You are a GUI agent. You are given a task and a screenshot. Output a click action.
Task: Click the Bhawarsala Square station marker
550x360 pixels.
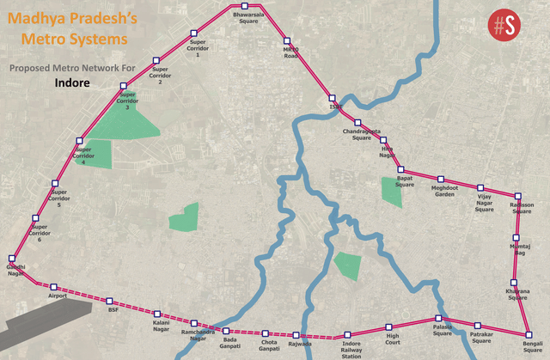pos(244,7)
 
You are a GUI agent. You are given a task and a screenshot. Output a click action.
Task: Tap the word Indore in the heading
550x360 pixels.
pos(72,85)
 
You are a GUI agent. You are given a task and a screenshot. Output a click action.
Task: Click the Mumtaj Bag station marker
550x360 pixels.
pos(515,236)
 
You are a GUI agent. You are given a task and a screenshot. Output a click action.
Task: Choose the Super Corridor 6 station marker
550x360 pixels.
pos(35,218)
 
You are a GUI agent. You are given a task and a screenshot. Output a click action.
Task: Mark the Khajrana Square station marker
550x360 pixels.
pos(514,282)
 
